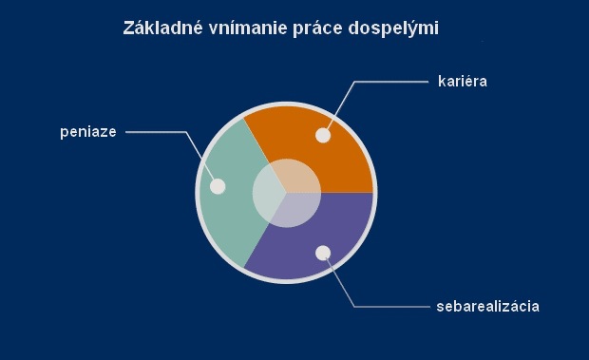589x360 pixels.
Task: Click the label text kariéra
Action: coord(463,82)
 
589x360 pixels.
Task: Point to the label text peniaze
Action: coord(87,132)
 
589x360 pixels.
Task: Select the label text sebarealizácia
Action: coord(488,306)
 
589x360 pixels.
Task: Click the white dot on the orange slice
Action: coord(323,135)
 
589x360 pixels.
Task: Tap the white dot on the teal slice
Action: coord(218,186)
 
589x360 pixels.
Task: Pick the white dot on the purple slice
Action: coord(323,253)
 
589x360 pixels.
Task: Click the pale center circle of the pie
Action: coord(285,193)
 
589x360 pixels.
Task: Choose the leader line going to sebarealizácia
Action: coord(389,306)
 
